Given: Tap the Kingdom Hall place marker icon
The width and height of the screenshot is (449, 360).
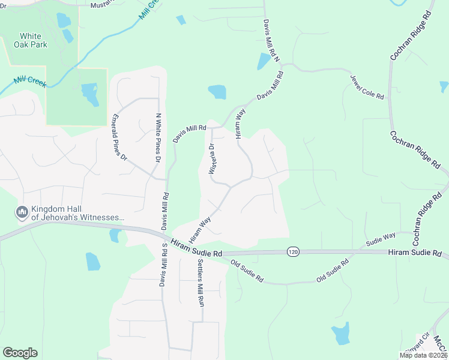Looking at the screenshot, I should (x=22, y=212).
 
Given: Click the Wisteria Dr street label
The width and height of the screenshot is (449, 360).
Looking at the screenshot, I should (x=211, y=159).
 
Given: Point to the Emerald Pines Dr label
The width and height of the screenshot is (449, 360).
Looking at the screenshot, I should (x=120, y=138).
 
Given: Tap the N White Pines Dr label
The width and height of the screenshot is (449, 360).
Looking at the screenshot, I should (x=158, y=138).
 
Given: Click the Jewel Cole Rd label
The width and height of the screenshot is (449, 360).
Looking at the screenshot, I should (x=367, y=86).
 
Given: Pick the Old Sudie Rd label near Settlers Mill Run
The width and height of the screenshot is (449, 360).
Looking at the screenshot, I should (x=247, y=272).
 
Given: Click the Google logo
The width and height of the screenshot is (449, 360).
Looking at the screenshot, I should (x=20, y=353).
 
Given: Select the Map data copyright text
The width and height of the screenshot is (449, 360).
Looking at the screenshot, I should (x=424, y=355).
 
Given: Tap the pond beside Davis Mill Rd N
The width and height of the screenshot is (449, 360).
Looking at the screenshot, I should (x=264, y=61).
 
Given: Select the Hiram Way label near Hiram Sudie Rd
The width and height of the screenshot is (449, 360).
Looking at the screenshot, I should (x=200, y=230).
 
